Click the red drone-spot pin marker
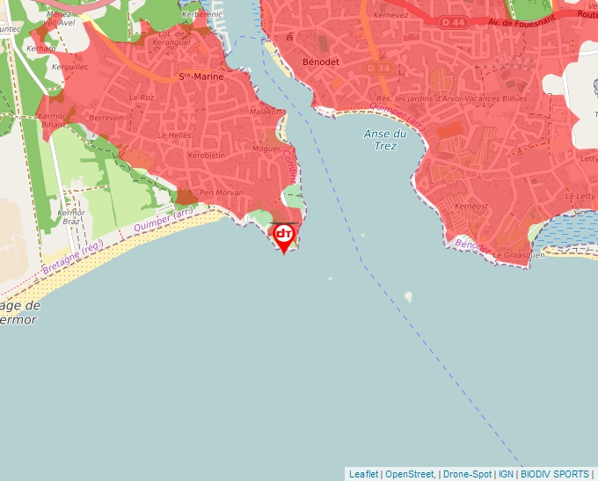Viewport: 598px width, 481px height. tap(284, 237)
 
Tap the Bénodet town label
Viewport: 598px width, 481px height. tap(320, 63)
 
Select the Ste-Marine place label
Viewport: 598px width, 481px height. tap(201, 77)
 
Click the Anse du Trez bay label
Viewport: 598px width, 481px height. tap(385, 140)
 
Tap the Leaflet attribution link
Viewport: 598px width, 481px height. tap(364, 474)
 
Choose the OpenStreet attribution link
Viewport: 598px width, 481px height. tap(409, 474)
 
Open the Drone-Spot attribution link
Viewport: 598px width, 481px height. tap(467, 474)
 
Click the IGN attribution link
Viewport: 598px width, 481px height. tap(506, 474)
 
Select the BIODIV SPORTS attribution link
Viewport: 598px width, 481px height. tap(555, 474)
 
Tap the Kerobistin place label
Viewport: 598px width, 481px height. tap(207, 155)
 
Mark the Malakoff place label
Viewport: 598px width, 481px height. tap(267, 112)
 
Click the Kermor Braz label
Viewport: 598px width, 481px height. tap(70, 217)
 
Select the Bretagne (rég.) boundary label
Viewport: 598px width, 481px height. tap(73, 258)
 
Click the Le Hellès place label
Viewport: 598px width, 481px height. tap(174, 135)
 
